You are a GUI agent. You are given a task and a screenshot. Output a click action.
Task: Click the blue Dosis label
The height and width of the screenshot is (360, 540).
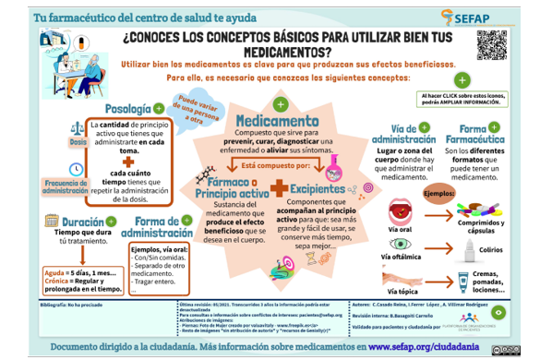77,143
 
